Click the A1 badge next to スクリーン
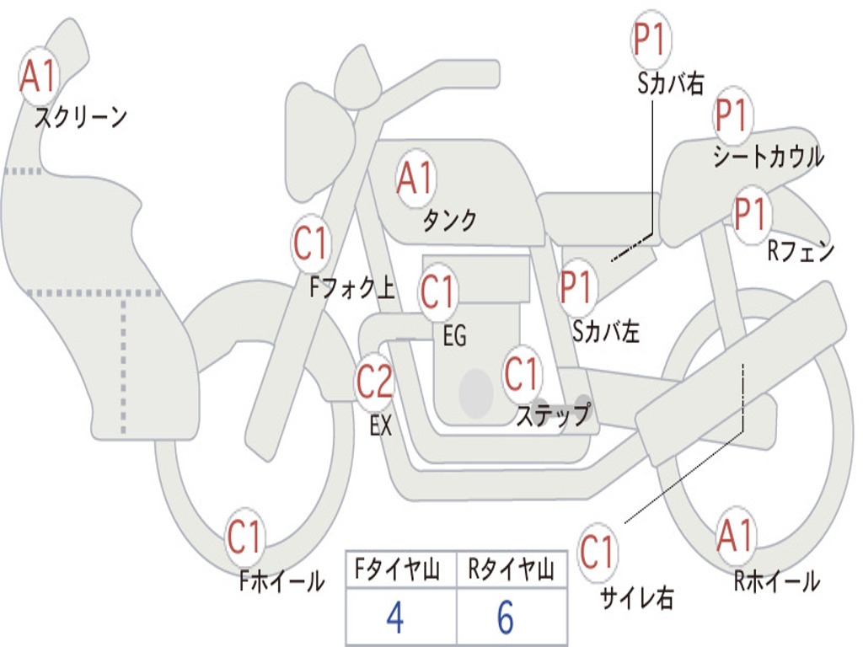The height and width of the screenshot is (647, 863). [x=39, y=76]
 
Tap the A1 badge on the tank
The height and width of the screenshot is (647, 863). [x=416, y=179]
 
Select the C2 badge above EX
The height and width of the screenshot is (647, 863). [x=375, y=382]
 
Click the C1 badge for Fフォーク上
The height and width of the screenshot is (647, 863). [x=310, y=243]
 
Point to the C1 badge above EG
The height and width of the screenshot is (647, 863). [x=437, y=291]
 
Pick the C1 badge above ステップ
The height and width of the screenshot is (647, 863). [x=522, y=373]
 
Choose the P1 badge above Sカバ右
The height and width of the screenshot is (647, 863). [x=651, y=39]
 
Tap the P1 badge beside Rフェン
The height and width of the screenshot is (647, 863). [x=751, y=214]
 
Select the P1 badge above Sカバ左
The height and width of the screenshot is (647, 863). [x=576, y=287]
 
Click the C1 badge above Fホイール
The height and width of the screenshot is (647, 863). [x=244, y=537]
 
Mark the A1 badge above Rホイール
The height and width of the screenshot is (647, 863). [x=735, y=535]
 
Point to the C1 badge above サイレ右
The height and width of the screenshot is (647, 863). [x=597, y=551]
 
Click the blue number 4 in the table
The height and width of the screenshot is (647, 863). [x=395, y=618]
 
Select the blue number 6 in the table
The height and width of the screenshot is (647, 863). [x=506, y=618]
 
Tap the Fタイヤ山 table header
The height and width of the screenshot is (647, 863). [x=398, y=569]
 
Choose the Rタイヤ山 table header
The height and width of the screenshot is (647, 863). [x=512, y=569]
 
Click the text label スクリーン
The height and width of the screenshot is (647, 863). [x=81, y=117]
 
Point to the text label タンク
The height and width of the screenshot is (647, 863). [x=450, y=220]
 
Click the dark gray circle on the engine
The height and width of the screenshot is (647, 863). [x=476, y=393]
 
